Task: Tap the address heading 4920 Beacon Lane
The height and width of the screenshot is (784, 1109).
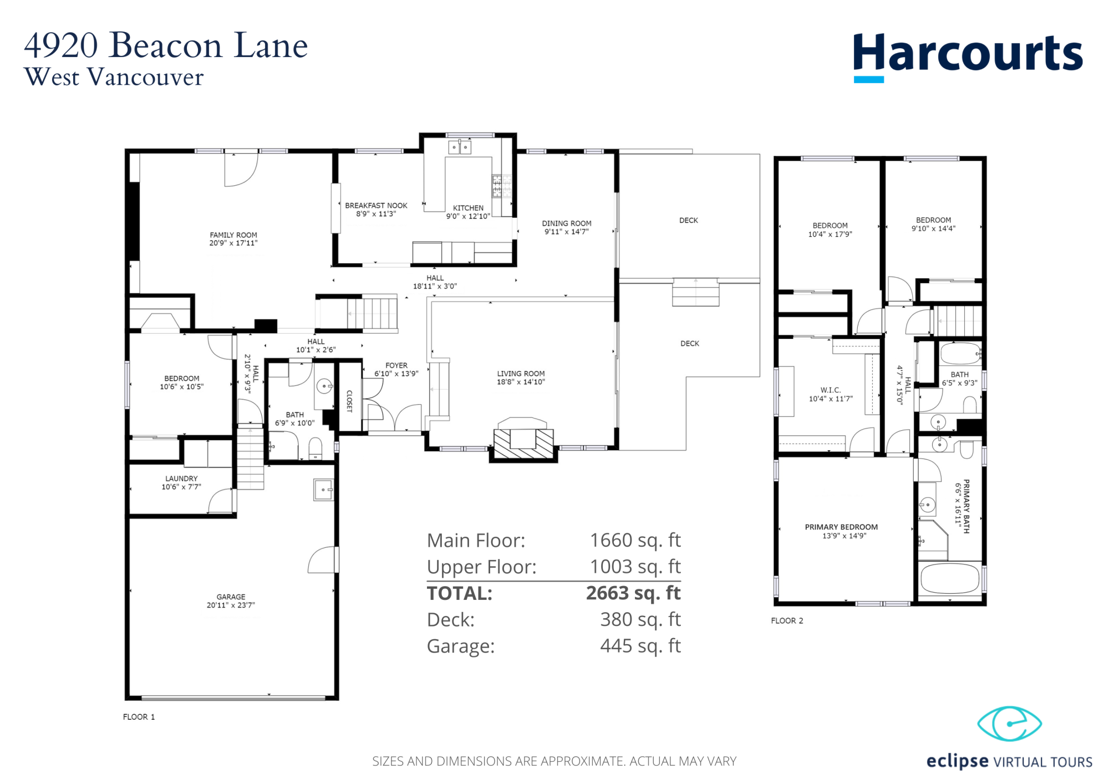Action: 166,45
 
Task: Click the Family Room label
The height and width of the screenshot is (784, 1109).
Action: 233,235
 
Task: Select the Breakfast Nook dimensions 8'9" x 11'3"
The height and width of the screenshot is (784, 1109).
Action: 376,214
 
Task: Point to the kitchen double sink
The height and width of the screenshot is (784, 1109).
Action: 460,147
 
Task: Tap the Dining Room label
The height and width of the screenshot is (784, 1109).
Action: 567,223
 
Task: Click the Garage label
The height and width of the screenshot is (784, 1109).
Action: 231,597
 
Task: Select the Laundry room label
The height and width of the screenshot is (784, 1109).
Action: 181,478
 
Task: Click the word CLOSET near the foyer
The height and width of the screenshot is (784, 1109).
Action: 349,401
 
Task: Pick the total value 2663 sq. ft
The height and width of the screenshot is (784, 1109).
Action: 633,593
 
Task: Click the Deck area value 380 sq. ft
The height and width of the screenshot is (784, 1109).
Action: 640,619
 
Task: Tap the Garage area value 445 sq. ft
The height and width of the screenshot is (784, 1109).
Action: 640,646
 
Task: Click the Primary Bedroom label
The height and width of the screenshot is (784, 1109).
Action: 841,527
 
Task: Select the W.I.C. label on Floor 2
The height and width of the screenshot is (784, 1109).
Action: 831,390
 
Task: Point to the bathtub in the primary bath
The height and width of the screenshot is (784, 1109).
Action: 950,578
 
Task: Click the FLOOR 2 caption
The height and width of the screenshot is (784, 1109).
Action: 787,620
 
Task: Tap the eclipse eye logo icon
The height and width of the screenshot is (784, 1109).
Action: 1009,724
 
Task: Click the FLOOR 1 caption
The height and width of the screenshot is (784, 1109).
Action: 139,717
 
